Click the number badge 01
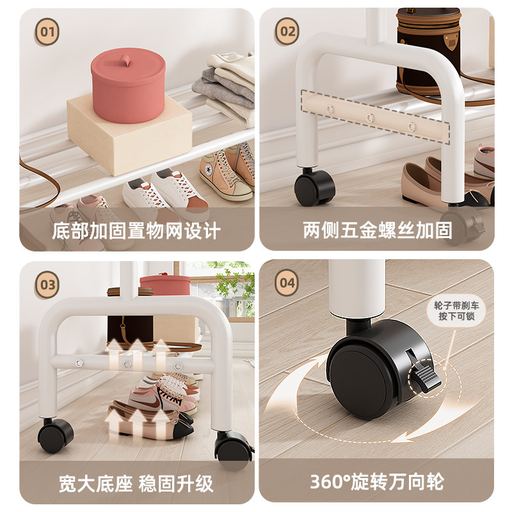[47, 31]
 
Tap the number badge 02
[287, 31]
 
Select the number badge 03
[47, 284]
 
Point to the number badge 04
[287, 282]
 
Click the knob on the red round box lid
[126, 61]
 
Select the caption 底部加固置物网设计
[136, 231]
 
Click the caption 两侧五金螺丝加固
[378, 230]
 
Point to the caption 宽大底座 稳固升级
[136, 484]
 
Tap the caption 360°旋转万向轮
[377, 482]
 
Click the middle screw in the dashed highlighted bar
[370, 118]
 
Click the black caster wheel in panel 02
[314, 188]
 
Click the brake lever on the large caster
[426, 377]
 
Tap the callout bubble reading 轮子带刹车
[456, 311]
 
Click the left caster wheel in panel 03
[56, 435]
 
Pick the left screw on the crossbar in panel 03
[79, 363]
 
